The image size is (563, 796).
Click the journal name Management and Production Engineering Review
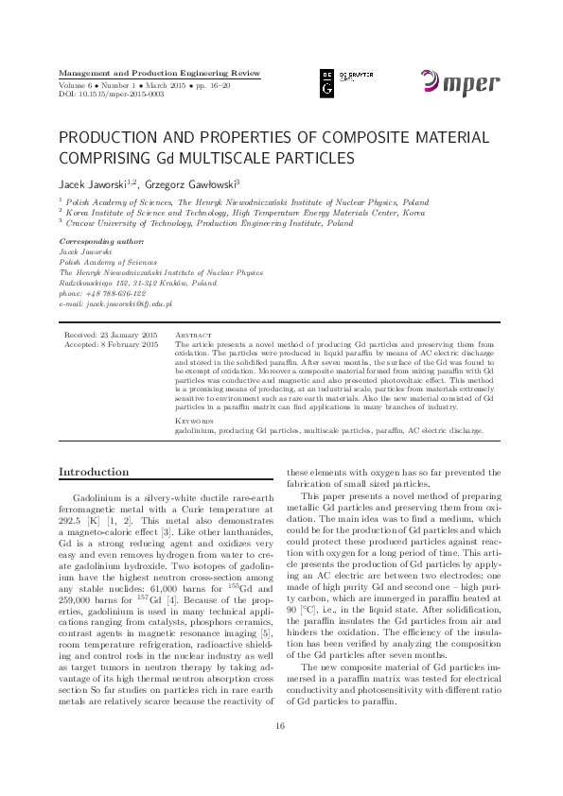click(x=159, y=73)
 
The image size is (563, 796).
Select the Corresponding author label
click(x=97, y=243)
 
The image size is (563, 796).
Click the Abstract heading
click(x=194, y=336)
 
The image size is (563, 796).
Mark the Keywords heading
click(x=195, y=421)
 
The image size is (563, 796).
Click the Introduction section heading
click(x=95, y=472)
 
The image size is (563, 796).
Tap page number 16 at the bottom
click(x=280, y=753)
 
